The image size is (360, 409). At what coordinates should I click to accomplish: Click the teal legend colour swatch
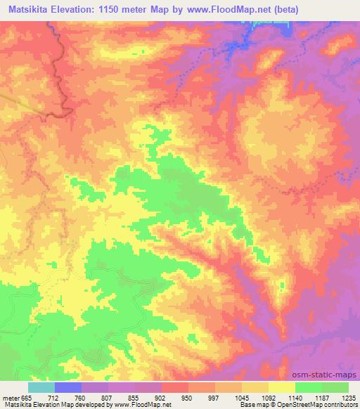pyautogui.click(x=41, y=387)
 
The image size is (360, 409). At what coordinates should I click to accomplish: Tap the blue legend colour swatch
pyautogui.click(x=68, y=387)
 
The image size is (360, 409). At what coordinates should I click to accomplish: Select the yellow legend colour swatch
pyautogui.click(x=282, y=387)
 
